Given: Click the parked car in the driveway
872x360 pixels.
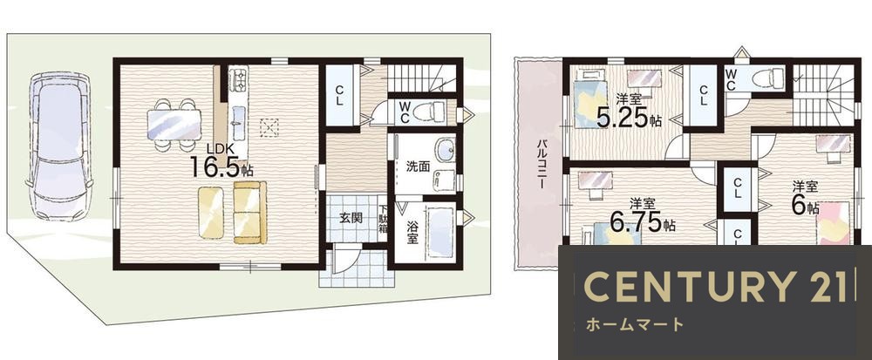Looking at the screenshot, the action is [x=59, y=146].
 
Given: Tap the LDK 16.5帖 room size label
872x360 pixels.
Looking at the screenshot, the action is [x=221, y=161].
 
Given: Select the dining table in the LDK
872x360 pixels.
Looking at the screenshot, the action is [x=174, y=125].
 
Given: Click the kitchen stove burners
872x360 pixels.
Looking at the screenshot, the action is [x=238, y=80].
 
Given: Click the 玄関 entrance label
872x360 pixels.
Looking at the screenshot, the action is [x=351, y=217].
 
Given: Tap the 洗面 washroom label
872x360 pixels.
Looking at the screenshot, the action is [x=417, y=166].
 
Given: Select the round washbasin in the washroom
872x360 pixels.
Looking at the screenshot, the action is [x=445, y=150].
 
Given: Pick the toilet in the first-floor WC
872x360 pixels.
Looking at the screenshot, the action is [x=429, y=111].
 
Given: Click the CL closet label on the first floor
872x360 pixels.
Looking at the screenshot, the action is [x=338, y=98].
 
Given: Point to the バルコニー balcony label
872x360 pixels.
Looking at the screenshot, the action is [x=541, y=165].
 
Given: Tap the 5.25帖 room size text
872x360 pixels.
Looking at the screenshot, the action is [x=629, y=117].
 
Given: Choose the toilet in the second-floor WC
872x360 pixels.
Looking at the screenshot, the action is [x=768, y=78].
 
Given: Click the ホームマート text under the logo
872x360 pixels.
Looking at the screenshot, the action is [x=635, y=324].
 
